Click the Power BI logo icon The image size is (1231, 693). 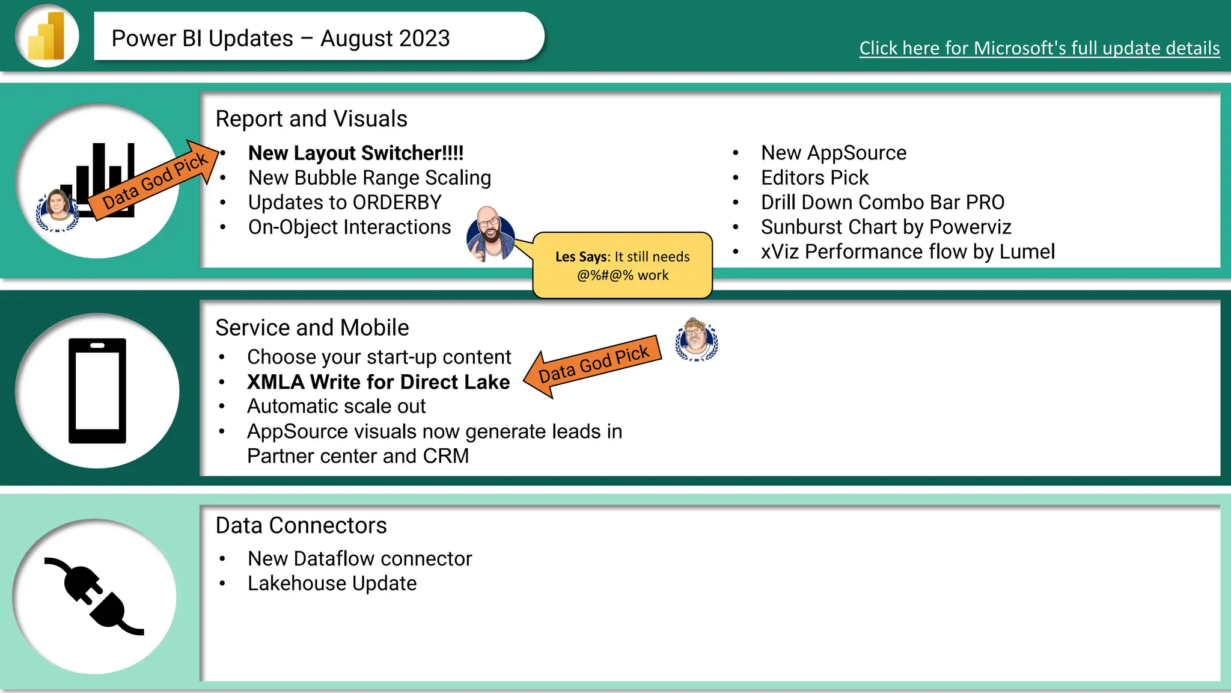[x=47, y=36]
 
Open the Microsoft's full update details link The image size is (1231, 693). [x=1039, y=48]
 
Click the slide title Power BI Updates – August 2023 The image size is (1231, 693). [x=281, y=38]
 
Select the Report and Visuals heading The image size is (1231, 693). [x=311, y=119]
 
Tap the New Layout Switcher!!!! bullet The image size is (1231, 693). [x=356, y=153]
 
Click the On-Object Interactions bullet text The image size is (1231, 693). [x=349, y=227]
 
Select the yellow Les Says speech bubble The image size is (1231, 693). [x=623, y=266]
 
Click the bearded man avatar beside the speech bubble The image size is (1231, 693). [x=490, y=235]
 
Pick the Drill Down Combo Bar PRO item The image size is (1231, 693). [x=882, y=203]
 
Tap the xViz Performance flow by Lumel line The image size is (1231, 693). [x=908, y=252]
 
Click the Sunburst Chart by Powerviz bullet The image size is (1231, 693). [x=886, y=227]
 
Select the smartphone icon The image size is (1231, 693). [x=97, y=391]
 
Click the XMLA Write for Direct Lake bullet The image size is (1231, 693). [x=378, y=382]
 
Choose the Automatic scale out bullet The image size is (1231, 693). [x=336, y=407]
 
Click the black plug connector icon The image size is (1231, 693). [x=94, y=596]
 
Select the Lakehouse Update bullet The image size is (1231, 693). [x=332, y=584]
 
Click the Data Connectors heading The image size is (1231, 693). [x=301, y=526]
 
